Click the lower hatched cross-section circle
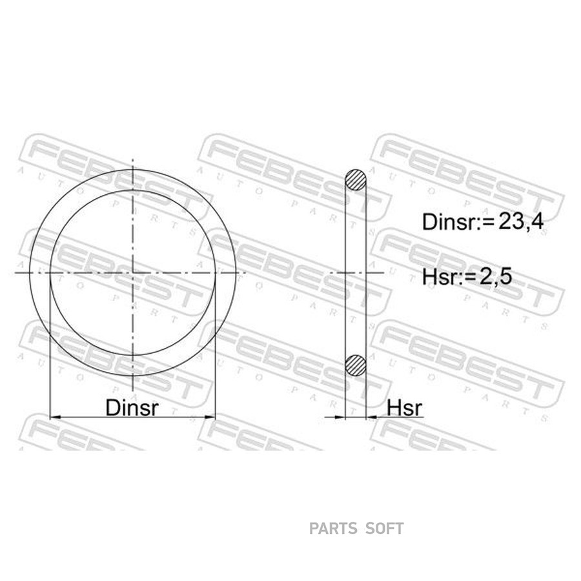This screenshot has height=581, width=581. tap(356, 365)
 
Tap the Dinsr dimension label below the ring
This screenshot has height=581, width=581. tap(132, 407)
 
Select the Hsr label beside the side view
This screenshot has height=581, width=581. tap(404, 408)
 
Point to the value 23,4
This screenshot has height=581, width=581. tap(521, 222)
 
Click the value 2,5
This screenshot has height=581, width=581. tap(495, 276)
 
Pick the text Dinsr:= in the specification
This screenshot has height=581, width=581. tap(459, 222)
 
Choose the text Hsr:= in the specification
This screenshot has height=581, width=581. tap(449, 277)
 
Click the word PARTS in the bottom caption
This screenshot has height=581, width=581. tap(333, 529)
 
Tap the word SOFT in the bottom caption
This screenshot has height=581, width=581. tap(385, 529)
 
